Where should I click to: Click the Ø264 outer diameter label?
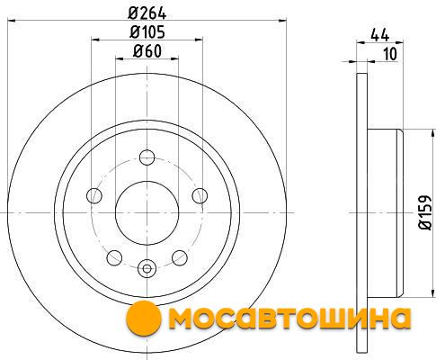pyautogui.click(x=147, y=13)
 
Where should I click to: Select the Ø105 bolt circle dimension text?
pyautogui.click(x=147, y=31)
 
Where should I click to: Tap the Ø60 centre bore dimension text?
pyautogui.click(x=147, y=51)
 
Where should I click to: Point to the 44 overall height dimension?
pyautogui.click(x=380, y=35)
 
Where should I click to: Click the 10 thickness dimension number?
pyautogui.click(x=390, y=54)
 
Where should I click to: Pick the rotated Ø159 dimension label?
pyautogui.click(x=424, y=212)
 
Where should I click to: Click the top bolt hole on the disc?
pyautogui.click(x=147, y=157)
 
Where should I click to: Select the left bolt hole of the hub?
pyautogui.click(x=94, y=195)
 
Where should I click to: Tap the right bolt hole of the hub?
pyautogui.click(x=200, y=195)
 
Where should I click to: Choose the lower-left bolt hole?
pyautogui.click(x=114, y=257)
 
